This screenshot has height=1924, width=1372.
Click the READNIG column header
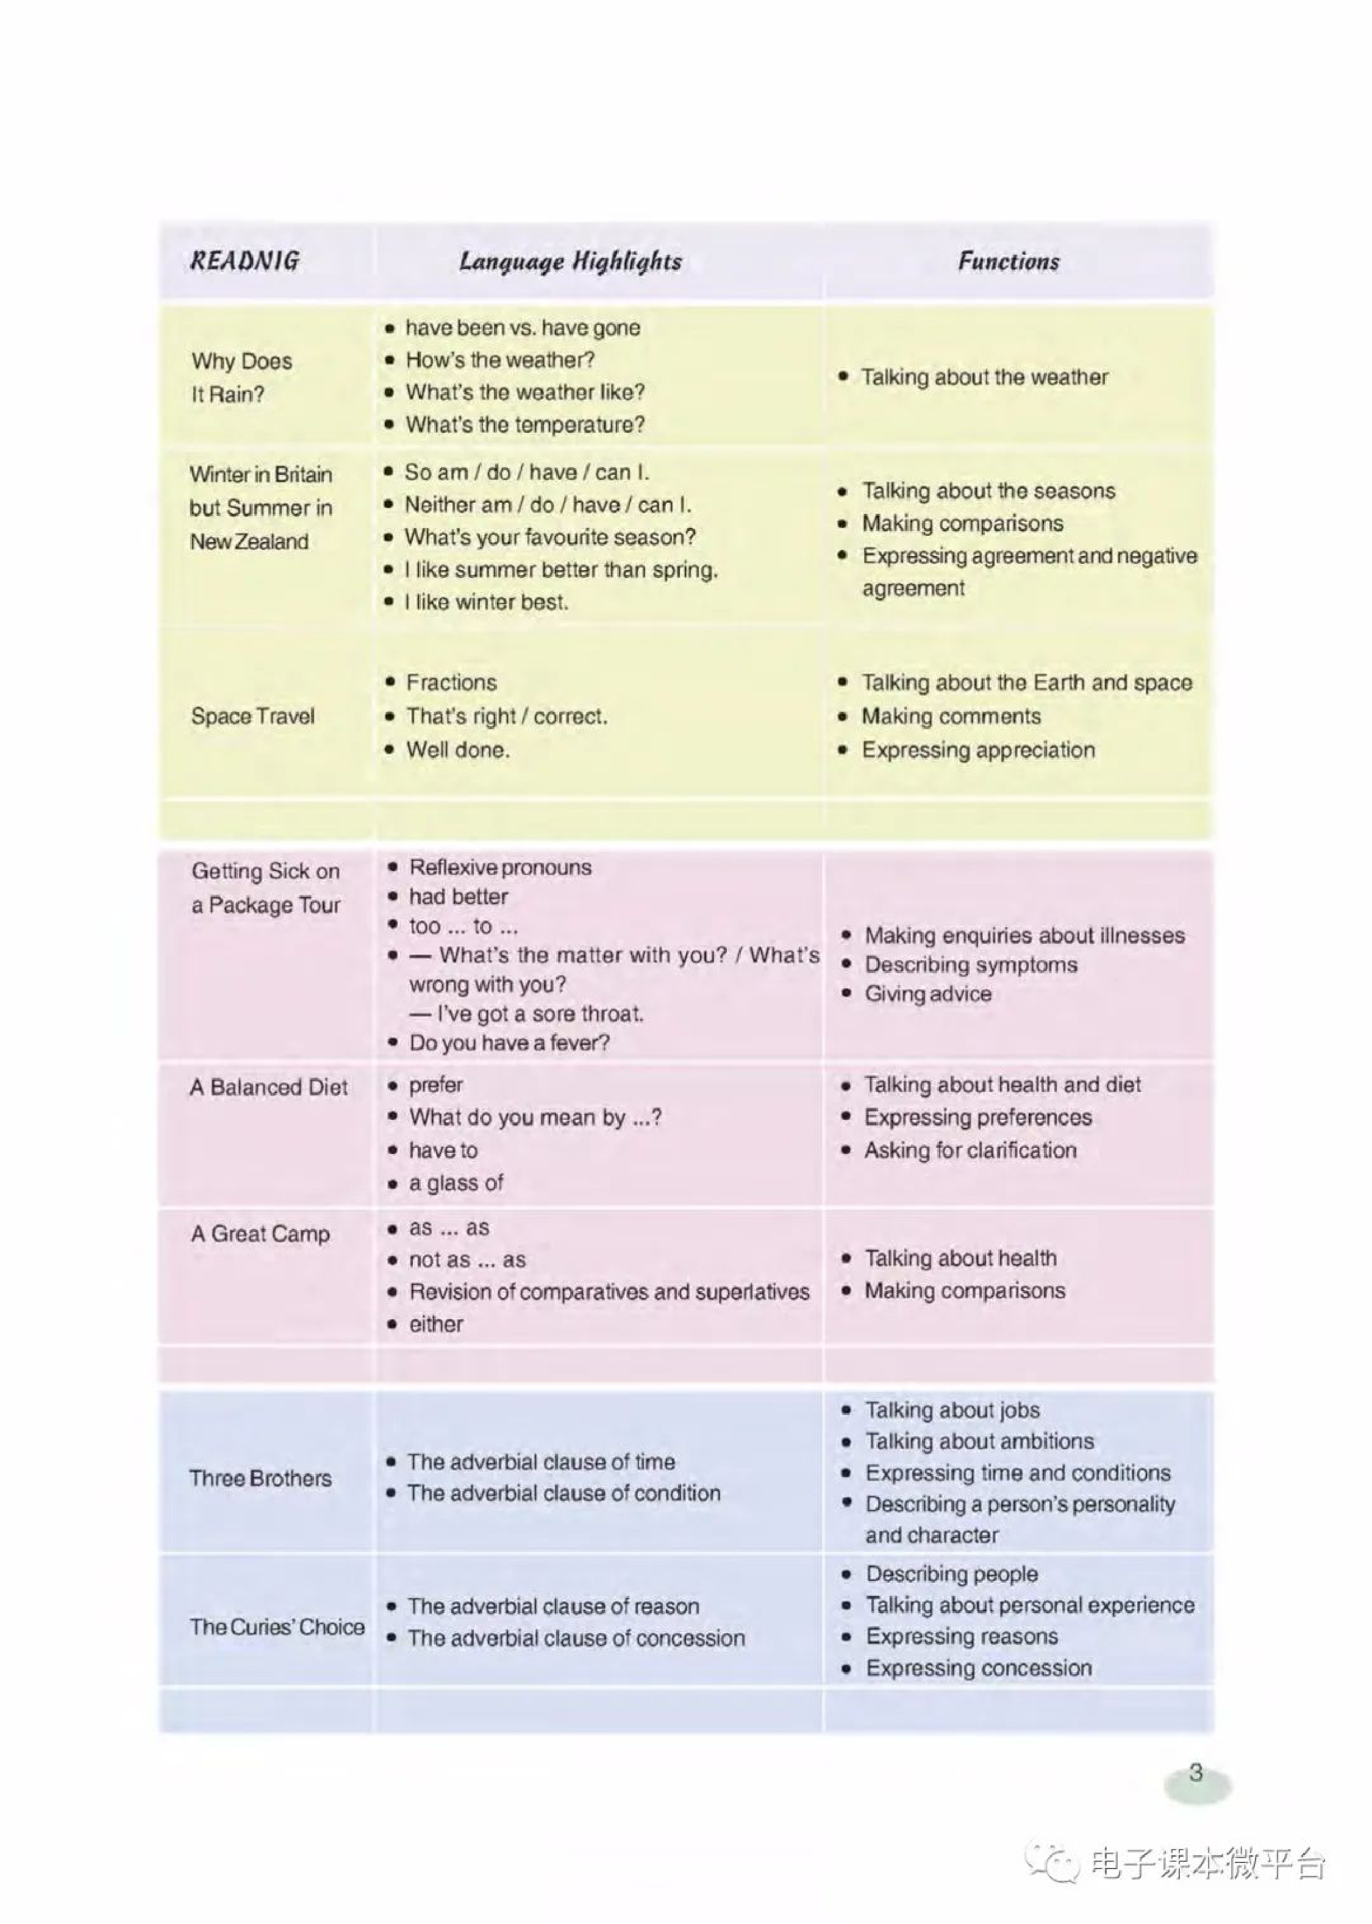pyautogui.click(x=244, y=260)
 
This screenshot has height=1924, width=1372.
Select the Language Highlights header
pyautogui.click(x=570, y=261)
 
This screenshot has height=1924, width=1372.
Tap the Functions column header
pyautogui.click(x=1008, y=261)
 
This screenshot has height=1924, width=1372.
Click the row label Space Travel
pyautogui.click(x=252, y=716)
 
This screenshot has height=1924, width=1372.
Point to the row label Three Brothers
pyautogui.click(x=260, y=1478)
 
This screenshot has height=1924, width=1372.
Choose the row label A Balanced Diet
pyautogui.click(x=269, y=1087)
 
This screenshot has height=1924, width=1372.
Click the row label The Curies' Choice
pyautogui.click(x=277, y=1626)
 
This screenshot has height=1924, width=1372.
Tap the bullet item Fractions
pyautogui.click(x=451, y=682)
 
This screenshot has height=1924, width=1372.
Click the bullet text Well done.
pyautogui.click(x=458, y=750)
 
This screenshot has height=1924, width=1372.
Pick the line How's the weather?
pyautogui.click(x=500, y=360)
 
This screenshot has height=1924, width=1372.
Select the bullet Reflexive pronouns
pyautogui.click(x=500, y=868)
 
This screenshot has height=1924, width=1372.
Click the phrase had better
pyautogui.click(x=459, y=897)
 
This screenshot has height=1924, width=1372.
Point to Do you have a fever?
pyautogui.click(x=509, y=1043)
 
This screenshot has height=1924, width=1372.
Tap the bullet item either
pyautogui.click(x=436, y=1324)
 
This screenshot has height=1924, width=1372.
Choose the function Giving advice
pyautogui.click(x=927, y=994)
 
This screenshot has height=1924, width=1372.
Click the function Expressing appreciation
pyautogui.click(x=978, y=750)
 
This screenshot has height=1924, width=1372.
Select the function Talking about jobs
pyautogui.click(x=952, y=1411)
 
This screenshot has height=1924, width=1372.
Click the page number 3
pyautogui.click(x=1195, y=1772)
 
